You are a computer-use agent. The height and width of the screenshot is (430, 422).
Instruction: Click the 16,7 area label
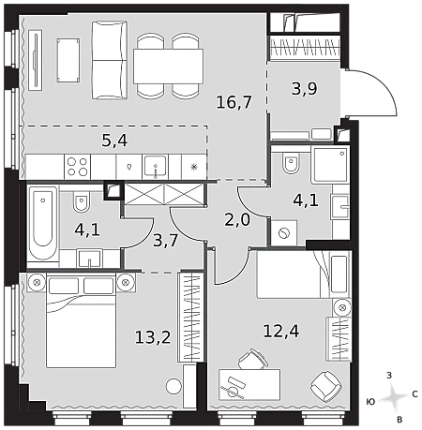234,102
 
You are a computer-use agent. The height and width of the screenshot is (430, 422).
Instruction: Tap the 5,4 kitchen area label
114,141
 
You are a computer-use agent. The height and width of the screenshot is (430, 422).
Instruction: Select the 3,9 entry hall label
304,88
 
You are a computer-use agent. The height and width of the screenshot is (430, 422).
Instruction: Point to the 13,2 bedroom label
153,337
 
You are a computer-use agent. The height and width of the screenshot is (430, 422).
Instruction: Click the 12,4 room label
281,331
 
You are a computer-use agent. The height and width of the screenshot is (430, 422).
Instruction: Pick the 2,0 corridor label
237,220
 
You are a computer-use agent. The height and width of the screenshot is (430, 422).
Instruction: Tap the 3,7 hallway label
165,241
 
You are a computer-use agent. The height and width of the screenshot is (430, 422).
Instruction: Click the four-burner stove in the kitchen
78,167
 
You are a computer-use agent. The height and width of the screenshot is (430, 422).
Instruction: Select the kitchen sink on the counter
156,167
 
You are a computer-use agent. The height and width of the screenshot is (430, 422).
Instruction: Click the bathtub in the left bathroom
42,223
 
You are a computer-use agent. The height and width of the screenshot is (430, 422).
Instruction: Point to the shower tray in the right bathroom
330,165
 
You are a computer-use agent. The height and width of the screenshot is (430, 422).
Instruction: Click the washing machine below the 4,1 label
284,233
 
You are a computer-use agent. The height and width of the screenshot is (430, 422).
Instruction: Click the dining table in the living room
168,67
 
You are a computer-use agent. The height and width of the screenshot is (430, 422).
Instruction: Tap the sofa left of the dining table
110,60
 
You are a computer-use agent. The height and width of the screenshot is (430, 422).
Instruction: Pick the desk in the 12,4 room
249,384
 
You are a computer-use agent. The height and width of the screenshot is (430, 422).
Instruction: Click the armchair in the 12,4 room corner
326,386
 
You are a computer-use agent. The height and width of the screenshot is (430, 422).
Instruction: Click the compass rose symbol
395,397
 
